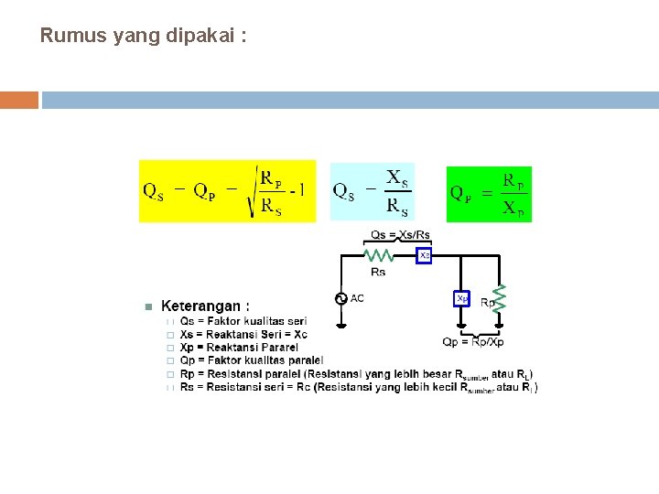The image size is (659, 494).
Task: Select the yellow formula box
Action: coord(227,191)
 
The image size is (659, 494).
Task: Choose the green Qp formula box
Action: coord(489,193)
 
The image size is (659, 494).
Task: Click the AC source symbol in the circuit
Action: coord(341,298)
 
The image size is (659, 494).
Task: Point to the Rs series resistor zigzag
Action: coord(378,256)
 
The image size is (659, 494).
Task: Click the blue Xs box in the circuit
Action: coord(424,256)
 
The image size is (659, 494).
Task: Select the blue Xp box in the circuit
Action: coord(462,298)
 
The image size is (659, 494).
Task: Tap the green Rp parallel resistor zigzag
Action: coord(500,298)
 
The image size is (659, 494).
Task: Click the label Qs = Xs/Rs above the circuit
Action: coord(400,235)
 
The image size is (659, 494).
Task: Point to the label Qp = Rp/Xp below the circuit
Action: coord(473,341)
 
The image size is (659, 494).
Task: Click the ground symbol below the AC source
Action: coord(341,322)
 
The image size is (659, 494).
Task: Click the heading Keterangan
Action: coord(205,306)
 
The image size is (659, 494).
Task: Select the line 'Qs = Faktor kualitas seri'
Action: coord(243,321)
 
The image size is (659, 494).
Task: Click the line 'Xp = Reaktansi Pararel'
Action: coord(239,348)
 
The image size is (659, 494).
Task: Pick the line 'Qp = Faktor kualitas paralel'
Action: coord(252,360)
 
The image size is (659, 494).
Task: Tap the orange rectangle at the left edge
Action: coord(19,100)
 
